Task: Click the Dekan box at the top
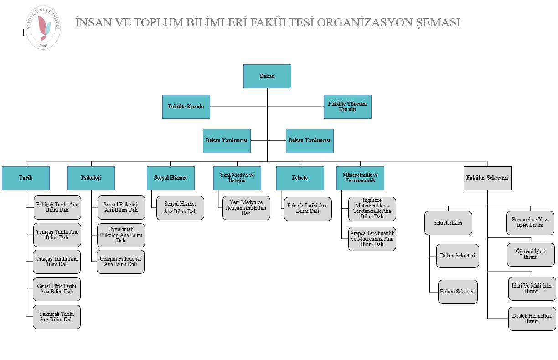[267, 76]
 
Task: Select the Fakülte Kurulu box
[186, 107]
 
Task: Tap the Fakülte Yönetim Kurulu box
[347, 107]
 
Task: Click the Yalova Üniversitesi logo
[43, 28]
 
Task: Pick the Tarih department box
[26, 178]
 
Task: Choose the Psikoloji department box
[91, 178]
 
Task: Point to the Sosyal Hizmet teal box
[170, 178]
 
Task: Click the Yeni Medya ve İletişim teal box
[237, 178]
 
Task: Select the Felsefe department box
[300, 178]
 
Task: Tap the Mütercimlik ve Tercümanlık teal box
[360, 178]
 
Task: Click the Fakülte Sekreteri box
[487, 178]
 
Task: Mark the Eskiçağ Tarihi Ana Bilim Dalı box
[57, 208]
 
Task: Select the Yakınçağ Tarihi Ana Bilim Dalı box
[57, 317]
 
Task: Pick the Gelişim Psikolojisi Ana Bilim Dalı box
[120, 262]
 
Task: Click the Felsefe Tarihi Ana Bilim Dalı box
[308, 209]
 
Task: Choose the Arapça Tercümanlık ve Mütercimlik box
[372, 239]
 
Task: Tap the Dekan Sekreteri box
[457, 255]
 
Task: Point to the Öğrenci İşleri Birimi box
[531, 254]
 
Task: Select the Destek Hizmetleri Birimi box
[532, 319]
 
